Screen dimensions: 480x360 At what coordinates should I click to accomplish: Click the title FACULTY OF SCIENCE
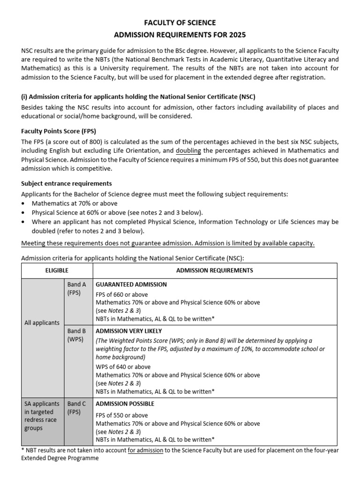coord(180,22)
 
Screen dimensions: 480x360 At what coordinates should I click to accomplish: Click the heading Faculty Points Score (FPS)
coord(59,131)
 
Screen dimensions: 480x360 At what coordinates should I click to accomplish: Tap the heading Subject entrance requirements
coord(67,183)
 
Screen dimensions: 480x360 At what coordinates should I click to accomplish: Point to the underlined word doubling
coord(188,151)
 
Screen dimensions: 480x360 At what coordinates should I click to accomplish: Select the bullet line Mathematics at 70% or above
coord(75,203)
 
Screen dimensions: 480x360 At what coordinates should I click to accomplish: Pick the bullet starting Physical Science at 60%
coord(117,212)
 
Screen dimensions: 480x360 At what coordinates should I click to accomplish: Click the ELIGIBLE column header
coord(57,270)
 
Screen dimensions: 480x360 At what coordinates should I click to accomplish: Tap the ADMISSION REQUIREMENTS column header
coord(214,270)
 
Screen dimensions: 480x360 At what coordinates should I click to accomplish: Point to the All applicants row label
coord(42,323)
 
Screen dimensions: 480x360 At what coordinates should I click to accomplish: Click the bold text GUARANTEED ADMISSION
coord(131,285)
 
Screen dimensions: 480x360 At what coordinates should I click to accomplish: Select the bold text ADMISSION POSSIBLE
coord(125,404)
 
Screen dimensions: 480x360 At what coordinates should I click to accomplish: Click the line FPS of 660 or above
coord(122,294)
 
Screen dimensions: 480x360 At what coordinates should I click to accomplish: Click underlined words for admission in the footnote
coord(145,450)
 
